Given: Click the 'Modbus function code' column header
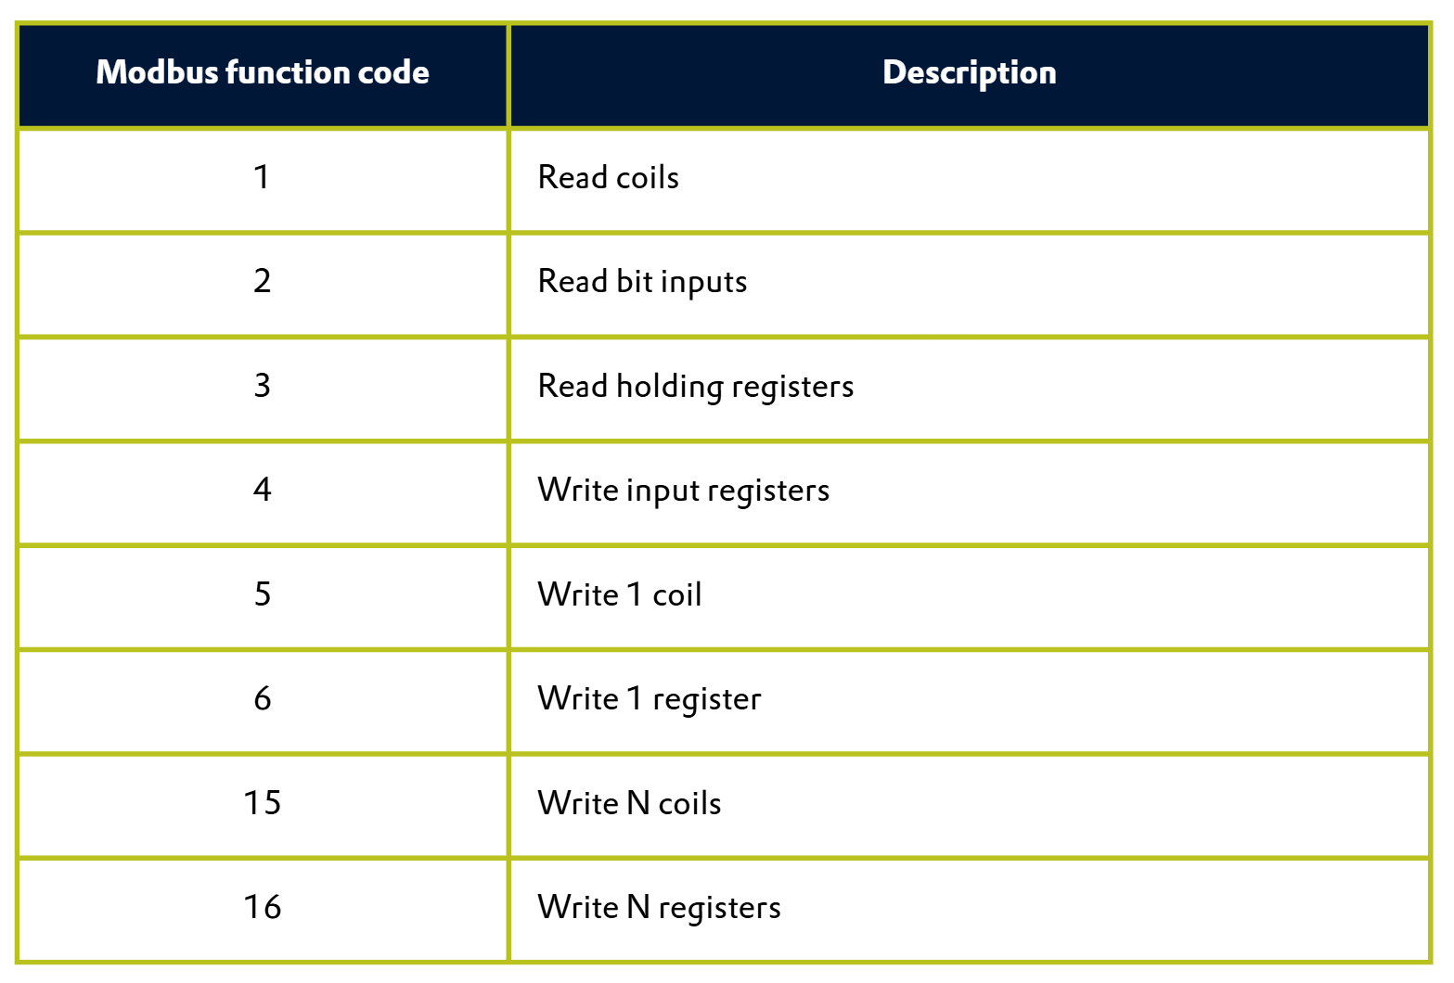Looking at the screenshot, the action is pos(263,72).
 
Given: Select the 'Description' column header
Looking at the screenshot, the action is pos(969,73).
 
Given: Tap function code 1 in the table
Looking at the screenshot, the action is pos(262,177).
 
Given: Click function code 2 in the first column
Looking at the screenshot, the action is pos(263,281).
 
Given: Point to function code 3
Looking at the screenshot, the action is pos(263,386).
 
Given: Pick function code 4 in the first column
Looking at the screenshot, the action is pos(263,490).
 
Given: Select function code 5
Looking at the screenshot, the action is pos(263,594).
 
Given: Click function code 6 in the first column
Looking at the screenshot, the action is pos(263,698).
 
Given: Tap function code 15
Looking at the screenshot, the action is pos(263,802).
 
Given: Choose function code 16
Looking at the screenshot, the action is pos(263,906).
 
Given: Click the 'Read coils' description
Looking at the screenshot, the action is pos(608,177).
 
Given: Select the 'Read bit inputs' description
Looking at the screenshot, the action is pos(643,282).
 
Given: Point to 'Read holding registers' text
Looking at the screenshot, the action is pos(696,387).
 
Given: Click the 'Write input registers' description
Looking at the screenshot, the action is pos(684,491).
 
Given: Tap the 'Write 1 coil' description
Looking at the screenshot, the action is pos(620,594).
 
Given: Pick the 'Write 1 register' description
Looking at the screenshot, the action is pos(650,699).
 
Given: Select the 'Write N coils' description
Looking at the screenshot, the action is pos(630,802).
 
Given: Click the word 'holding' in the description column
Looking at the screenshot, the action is pos(669,387).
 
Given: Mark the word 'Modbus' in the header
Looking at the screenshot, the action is pos(157,72).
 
